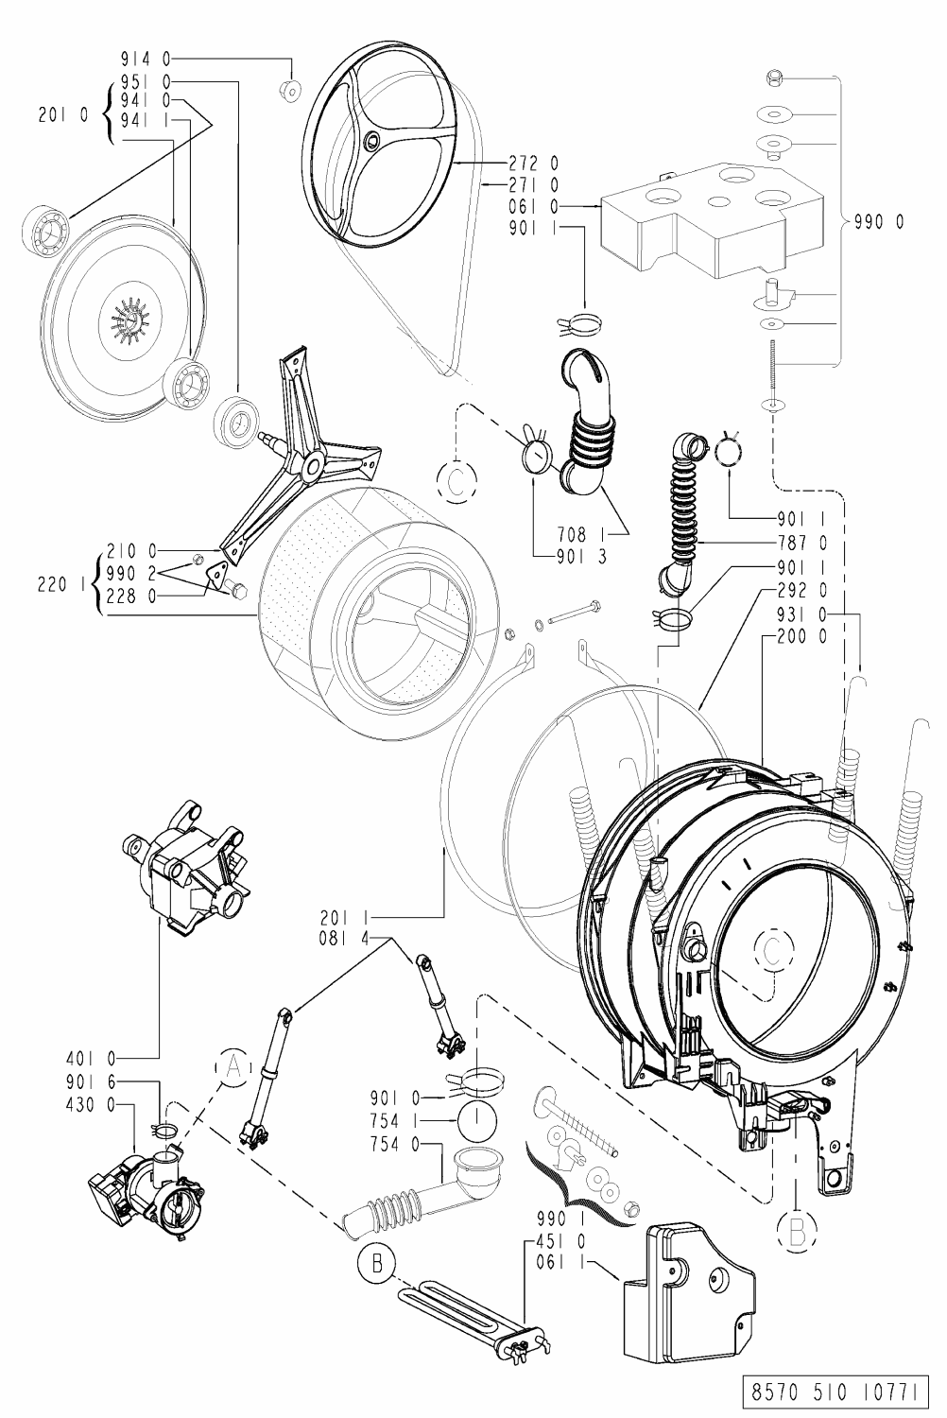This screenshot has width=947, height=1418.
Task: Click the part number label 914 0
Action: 146,60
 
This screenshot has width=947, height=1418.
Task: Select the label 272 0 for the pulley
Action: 534,164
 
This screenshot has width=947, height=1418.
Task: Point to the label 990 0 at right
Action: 879,222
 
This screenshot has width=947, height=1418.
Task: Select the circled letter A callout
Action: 232,1066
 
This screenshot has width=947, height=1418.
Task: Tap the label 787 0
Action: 802,543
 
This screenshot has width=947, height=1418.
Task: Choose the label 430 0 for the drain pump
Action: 91,1105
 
